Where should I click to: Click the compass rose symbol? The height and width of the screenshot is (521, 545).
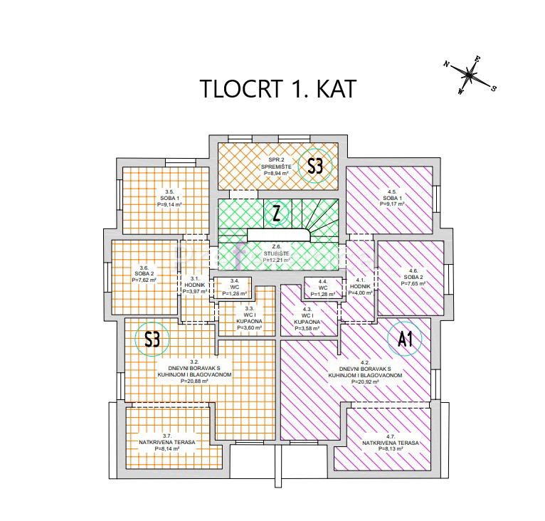tap(470, 73)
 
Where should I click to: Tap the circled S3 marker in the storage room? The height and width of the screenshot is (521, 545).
tap(315, 167)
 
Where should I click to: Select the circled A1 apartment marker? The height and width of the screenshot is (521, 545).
tap(406, 339)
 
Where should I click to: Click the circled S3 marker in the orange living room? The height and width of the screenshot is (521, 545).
tap(152, 340)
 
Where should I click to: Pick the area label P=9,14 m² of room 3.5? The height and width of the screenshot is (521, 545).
tap(170, 204)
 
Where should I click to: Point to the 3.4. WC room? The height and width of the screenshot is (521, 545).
tap(233, 288)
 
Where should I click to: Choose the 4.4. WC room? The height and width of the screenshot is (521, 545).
tap(323, 288)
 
